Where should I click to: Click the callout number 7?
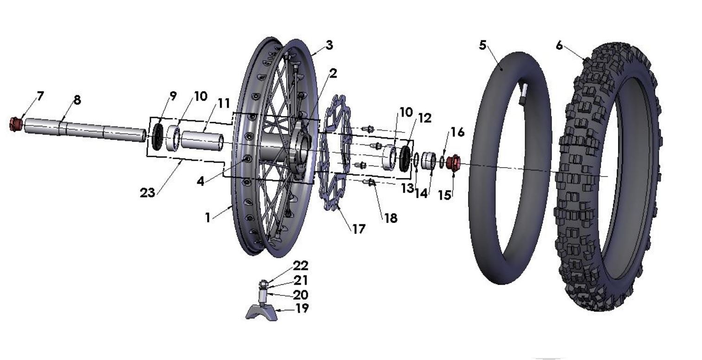40,96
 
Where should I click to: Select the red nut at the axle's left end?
17,124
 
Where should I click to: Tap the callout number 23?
148,192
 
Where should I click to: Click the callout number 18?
391,218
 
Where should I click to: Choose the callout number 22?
300,266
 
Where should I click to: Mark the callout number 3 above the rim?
329,45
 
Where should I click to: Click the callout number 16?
457,132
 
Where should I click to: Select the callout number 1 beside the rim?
208,217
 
